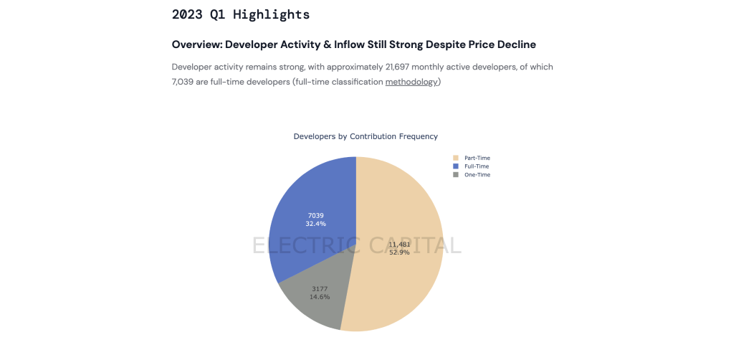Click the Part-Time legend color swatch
[455, 158]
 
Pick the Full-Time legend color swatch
[455, 166]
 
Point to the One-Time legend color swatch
[455, 175]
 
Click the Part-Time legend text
[477, 158]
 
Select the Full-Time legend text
[477, 166]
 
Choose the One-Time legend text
[477, 175]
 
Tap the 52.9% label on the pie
[399, 252]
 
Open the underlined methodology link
[411, 82]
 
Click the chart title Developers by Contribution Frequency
[365, 136]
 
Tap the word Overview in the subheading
[196, 44]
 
